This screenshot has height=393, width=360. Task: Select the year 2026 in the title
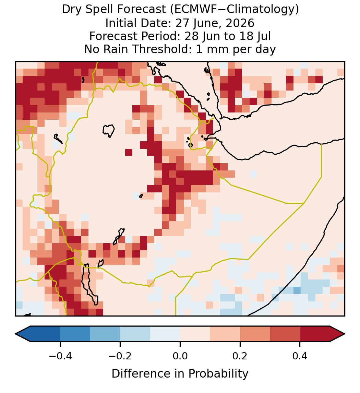tap(240, 23)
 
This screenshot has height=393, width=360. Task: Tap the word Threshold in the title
tap(160, 49)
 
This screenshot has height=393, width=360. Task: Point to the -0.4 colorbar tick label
tap(60, 356)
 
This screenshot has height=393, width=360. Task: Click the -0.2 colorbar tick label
tap(120, 356)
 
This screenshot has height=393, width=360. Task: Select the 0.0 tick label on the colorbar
tap(180, 356)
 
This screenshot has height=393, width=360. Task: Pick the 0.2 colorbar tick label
tap(240, 356)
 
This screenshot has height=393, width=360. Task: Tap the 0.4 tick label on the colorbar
tap(300, 356)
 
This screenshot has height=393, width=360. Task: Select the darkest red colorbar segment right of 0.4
tap(315, 334)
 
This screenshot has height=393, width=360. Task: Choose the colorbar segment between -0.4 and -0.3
tap(75, 334)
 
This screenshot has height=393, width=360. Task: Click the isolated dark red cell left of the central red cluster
tap(129, 152)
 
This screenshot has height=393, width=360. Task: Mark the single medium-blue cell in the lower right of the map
tap(297, 290)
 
